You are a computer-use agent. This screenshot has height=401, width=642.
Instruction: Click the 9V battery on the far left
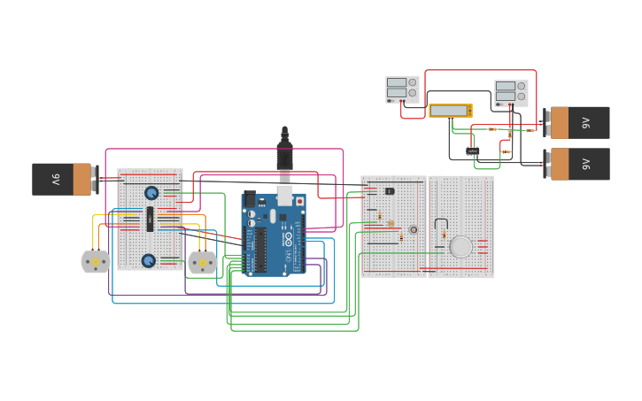click(62, 179)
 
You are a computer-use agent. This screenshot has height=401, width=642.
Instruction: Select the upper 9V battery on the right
click(577, 123)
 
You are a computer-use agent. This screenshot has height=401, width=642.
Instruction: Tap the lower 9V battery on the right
click(577, 164)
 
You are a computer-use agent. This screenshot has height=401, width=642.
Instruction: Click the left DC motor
click(96, 262)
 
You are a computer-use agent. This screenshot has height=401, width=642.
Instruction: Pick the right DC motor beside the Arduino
click(203, 262)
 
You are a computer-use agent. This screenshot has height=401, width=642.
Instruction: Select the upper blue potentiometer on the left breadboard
click(151, 193)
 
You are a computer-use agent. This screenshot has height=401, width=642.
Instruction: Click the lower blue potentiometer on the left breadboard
click(149, 260)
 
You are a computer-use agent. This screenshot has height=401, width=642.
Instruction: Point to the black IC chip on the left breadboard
click(151, 218)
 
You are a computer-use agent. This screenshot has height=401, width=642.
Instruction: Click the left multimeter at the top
click(402, 89)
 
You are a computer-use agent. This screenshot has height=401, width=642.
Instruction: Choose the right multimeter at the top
click(511, 93)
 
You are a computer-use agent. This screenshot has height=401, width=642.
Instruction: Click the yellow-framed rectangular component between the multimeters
click(450, 111)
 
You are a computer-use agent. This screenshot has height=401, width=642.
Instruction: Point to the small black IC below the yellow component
click(473, 151)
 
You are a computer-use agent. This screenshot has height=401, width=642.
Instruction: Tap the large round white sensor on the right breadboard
click(460, 247)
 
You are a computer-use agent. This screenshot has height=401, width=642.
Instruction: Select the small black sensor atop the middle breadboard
click(390, 191)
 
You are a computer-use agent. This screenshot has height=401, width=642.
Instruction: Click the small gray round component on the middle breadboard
click(413, 230)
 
